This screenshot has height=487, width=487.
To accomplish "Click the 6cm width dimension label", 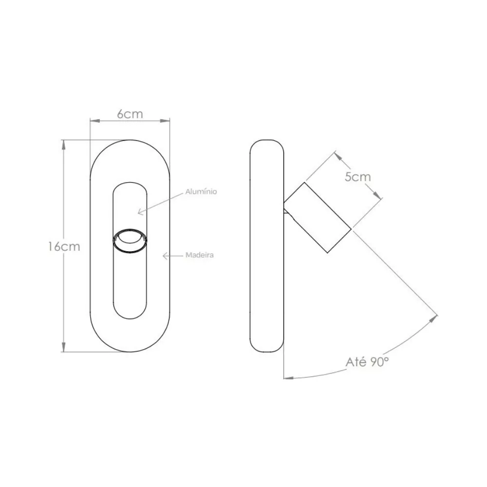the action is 130,114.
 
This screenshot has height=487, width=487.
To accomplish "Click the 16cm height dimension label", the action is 64,246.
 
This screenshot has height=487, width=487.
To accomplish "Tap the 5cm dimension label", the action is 358,177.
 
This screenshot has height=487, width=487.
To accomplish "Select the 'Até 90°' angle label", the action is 367,362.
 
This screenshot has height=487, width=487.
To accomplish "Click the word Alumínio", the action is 201,191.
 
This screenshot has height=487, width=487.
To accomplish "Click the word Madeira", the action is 199,255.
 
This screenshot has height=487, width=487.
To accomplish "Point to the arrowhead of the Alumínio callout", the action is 140,212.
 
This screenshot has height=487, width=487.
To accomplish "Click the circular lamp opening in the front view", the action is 130,240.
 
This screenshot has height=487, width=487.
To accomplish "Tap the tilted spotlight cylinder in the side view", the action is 318,217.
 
